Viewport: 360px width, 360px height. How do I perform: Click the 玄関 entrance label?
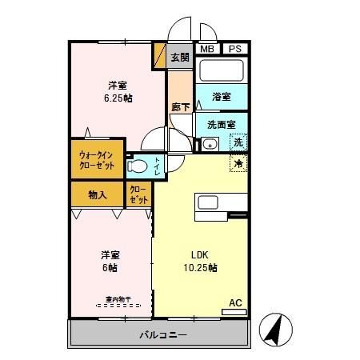pyautogui.click(x=180, y=57)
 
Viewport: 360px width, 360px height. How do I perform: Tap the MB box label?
pyautogui.click(x=206, y=50)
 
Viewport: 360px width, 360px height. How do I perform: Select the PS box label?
pyautogui.click(x=234, y=50)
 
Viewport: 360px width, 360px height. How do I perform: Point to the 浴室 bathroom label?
pyautogui.click(x=222, y=97)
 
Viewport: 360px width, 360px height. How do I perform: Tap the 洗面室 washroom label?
pyautogui.click(x=220, y=125)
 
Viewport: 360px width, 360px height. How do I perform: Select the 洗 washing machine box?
pyautogui.click(x=238, y=143)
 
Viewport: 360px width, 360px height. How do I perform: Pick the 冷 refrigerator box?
pyautogui.click(x=238, y=164)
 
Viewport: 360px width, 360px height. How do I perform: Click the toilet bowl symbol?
pyautogui.click(x=138, y=166)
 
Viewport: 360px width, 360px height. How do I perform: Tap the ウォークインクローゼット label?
pyautogui.click(x=97, y=160)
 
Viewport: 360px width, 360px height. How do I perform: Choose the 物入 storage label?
pyautogui.click(x=98, y=194)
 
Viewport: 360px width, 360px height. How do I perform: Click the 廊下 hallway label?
pyautogui.click(x=180, y=106)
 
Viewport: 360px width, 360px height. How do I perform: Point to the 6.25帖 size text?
pyautogui.click(x=117, y=99)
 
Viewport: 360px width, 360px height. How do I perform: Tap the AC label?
pyautogui.click(x=235, y=302)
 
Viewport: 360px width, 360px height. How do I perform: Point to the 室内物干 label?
pyautogui.click(x=113, y=302)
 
